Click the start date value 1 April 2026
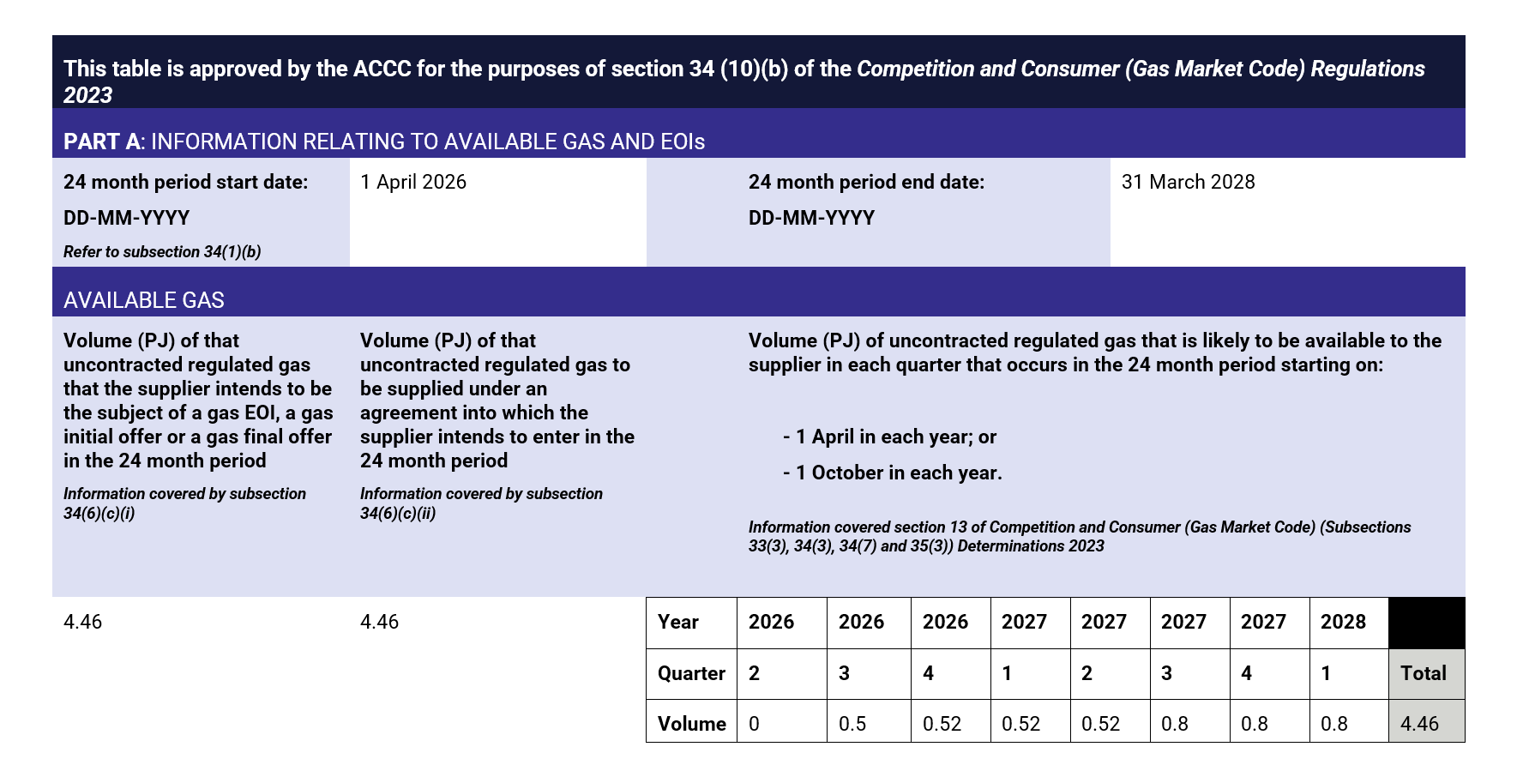[413, 182]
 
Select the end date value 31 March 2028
[1188, 182]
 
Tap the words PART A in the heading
[101, 142]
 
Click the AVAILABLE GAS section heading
[144, 300]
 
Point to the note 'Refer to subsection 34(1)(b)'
[162, 251]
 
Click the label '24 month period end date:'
[866, 182]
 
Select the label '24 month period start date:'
[185, 182]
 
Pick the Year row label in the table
[677, 622]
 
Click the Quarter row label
[691, 673]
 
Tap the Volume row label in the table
[691, 724]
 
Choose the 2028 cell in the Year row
[1343, 622]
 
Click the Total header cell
[1424, 673]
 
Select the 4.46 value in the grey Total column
[1419, 724]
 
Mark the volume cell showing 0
[755, 724]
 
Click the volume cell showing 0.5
[852, 724]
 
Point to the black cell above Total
[1426, 623]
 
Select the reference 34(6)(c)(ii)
[398, 514]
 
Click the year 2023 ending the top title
[87, 95]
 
